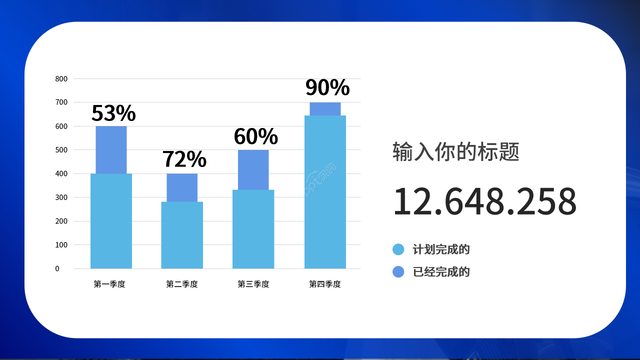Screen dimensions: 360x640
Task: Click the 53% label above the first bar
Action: [113, 113]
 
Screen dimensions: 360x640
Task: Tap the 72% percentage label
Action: [184, 159]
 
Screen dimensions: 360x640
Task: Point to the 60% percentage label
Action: [255, 136]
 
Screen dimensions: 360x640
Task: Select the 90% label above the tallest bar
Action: [327, 87]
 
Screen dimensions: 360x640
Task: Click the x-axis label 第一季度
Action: [109, 284]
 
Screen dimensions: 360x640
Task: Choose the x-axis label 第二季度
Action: [182, 284]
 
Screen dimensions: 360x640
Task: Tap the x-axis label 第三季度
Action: [253, 284]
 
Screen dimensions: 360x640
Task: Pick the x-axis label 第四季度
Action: [325, 284]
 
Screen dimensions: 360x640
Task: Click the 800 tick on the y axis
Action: [61, 78]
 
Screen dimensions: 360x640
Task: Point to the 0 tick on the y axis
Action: [57, 268]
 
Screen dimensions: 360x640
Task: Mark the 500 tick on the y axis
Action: [61, 150]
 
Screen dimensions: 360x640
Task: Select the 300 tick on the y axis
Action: [61, 197]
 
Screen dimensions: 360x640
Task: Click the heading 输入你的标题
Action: [456, 151]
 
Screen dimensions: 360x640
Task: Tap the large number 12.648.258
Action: [484, 201]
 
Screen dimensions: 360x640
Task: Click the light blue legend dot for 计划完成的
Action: [398, 249]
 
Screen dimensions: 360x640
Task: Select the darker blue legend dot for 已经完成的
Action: [398, 272]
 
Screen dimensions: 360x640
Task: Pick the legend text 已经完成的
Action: [441, 272]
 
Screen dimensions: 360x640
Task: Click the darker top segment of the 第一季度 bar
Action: [111, 149]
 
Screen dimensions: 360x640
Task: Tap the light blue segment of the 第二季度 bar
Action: [182, 235]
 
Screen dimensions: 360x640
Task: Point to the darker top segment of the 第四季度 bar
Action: [325, 108]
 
